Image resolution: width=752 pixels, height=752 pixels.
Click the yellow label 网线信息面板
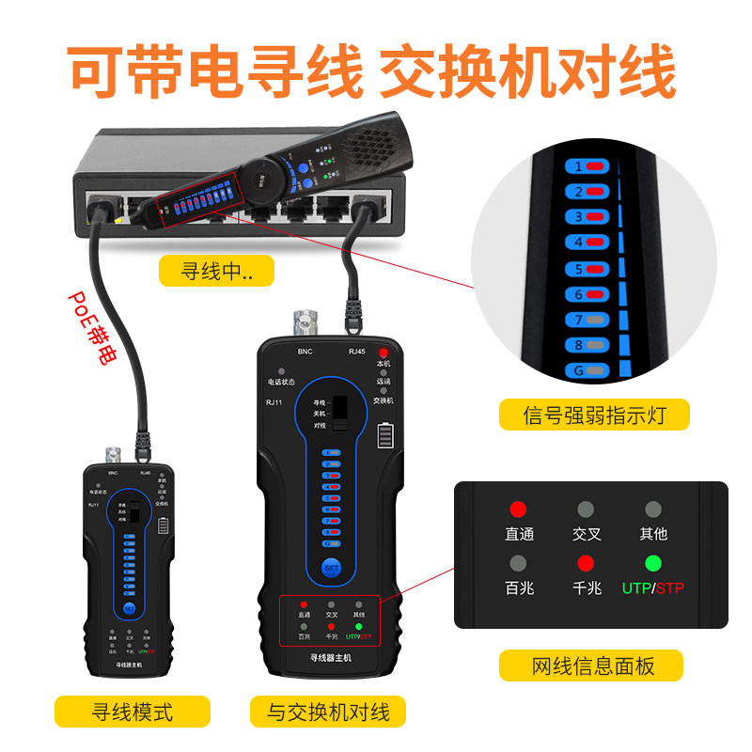(592, 666)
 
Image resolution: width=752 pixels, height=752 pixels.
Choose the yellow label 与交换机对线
(327, 711)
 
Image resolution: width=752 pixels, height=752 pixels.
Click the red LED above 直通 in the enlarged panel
(518, 509)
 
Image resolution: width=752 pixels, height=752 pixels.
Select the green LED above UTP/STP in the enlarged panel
(653, 564)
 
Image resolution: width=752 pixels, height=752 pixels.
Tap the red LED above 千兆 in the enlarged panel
(587, 564)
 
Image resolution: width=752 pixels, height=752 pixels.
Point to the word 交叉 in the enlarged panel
(587, 534)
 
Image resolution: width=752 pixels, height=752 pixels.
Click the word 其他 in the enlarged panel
(653, 534)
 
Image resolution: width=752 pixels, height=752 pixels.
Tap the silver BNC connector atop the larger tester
(305, 324)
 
